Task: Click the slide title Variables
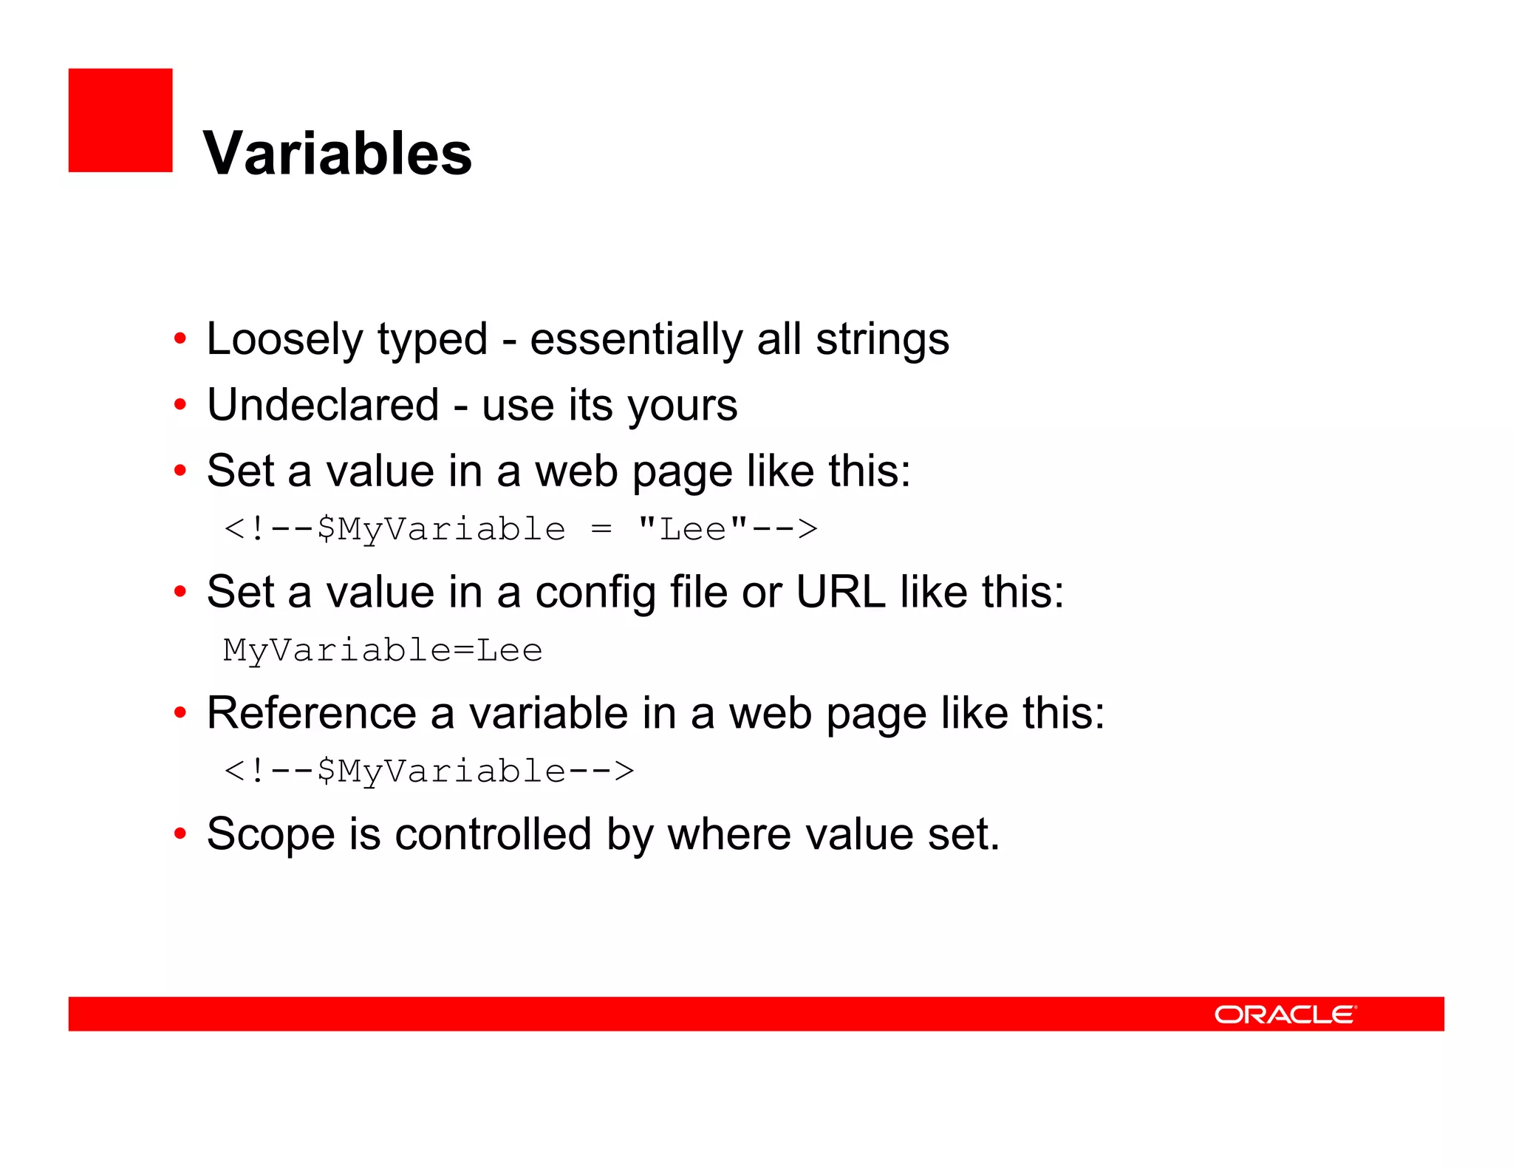pyautogui.click(x=337, y=153)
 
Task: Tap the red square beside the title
pyautogui.click(x=120, y=120)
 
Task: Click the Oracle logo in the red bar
pyautogui.click(x=1285, y=1014)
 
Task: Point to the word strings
pyautogui.click(x=882, y=340)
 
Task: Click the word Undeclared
pyautogui.click(x=323, y=405)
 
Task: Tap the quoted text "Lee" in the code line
pyautogui.click(x=692, y=529)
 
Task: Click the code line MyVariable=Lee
pyautogui.click(x=383, y=650)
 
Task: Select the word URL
pyautogui.click(x=840, y=592)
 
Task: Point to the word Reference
pyautogui.click(x=311, y=713)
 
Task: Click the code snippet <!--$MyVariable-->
pyautogui.click(x=428, y=771)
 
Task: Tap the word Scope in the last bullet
pyautogui.click(x=270, y=835)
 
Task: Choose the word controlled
pyautogui.click(x=493, y=834)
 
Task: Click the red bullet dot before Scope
pyautogui.click(x=180, y=834)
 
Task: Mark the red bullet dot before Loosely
pyautogui.click(x=180, y=339)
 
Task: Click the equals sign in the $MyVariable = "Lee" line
pyautogui.click(x=601, y=529)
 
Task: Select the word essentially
pyautogui.click(x=635, y=340)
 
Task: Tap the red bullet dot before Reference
pyautogui.click(x=180, y=713)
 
